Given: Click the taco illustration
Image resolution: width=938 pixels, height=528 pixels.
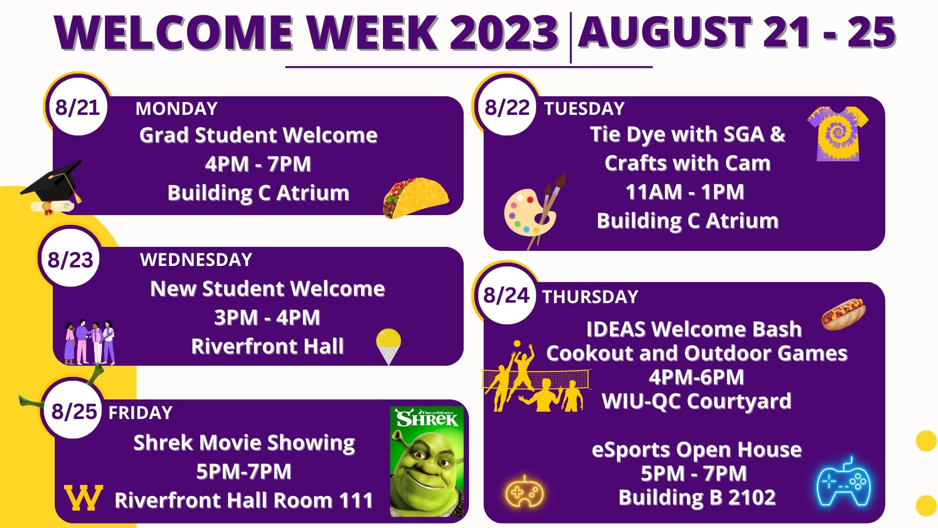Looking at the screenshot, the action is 416,197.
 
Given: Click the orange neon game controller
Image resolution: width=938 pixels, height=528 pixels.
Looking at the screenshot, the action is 524,491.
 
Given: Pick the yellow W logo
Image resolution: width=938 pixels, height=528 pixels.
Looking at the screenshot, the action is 84,498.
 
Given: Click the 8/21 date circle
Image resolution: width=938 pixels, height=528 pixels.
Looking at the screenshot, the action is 78,107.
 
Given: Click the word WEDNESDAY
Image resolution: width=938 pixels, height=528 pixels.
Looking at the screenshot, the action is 196,260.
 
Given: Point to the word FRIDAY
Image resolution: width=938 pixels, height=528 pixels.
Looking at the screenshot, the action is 141,413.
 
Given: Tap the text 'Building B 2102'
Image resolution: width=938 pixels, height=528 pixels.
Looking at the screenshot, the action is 697,498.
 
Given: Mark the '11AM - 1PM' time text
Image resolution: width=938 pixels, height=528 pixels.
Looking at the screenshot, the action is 685,192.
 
